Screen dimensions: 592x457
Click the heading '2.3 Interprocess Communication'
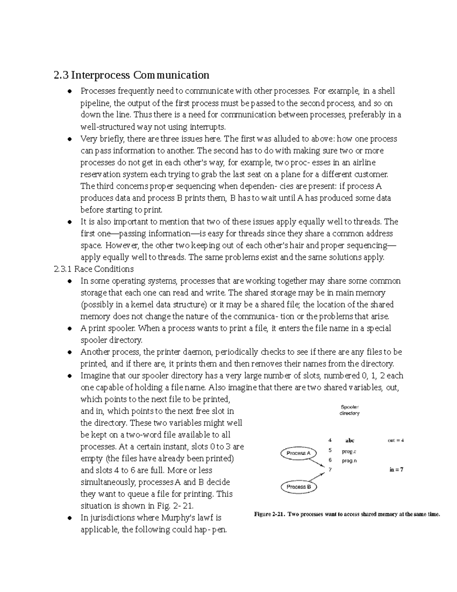pyautogui.click(x=131, y=75)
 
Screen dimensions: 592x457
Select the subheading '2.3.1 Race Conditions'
pyautogui.click(x=94, y=269)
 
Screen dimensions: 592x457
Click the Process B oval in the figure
pyautogui.click(x=299, y=487)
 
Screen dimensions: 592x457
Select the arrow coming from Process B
pyautogui.click(x=316, y=478)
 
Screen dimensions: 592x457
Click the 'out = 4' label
pyautogui.click(x=395, y=440)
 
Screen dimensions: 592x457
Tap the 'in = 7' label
pyautogui.click(x=396, y=470)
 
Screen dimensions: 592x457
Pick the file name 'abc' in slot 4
pyautogui.click(x=349, y=440)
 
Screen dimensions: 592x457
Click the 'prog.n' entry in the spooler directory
pyautogui.click(x=349, y=460)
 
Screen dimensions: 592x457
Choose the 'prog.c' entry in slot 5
pyautogui.click(x=349, y=451)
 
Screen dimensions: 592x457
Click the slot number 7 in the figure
pyautogui.click(x=330, y=470)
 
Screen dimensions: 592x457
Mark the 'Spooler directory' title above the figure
pyautogui.click(x=349, y=410)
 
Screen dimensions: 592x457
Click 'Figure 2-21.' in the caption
pyautogui.click(x=269, y=514)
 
